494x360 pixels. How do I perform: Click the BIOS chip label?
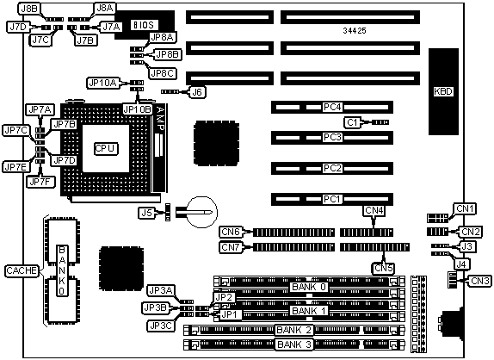pos(144,25)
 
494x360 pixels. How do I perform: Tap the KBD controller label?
pos(443,91)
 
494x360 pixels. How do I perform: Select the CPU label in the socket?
pos(106,148)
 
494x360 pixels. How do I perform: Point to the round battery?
pos(201,212)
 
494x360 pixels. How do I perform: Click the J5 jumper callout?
pos(146,213)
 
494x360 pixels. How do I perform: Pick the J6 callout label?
pos(197,92)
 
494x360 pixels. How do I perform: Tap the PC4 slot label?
pos(332,107)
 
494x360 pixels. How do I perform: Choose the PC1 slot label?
pos(332,199)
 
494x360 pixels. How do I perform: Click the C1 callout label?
pos(352,122)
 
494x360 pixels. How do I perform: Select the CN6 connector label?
pos(232,232)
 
